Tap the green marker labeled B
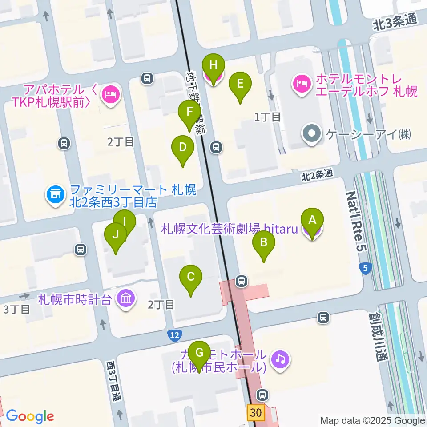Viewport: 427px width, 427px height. pyautogui.click(x=264, y=243)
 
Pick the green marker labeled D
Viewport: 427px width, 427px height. pyautogui.click(x=182, y=147)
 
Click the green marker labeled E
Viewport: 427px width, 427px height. pyautogui.click(x=240, y=84)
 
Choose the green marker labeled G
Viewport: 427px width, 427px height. pyautogui.click(x=200, y=353)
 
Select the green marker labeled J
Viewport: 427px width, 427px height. pyautogui.click(x=116, y=234)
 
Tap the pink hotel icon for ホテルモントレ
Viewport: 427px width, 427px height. pyautogui.click(x=302, y=82)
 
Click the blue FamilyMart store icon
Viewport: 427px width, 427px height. pyautogui.click(x=55, y=194)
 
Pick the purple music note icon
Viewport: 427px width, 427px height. pyautogui.click(x=280, y=358)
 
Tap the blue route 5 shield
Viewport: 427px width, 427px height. pyautogui.click(x=365, y=268)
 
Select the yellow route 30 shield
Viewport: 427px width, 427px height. pyautogui.click(x=256, y=412)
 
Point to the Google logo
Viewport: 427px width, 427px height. pyautogui.click(x=30, y=417)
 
